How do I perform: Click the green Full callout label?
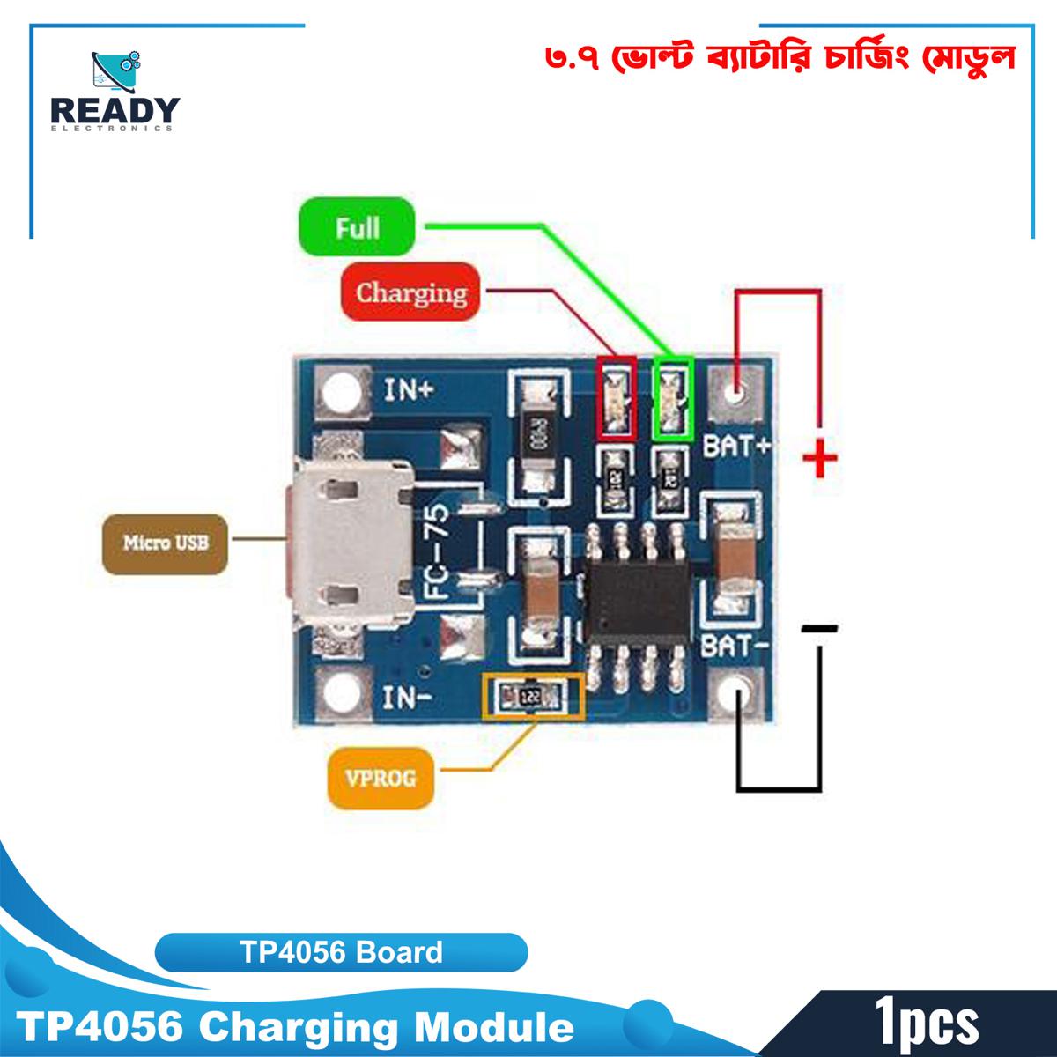pos(357,228)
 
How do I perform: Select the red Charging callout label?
pos(410,292)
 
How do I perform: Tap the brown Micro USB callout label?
pos(166,542)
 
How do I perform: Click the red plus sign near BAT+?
pos(820,458)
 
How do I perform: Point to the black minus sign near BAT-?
pos(820,628)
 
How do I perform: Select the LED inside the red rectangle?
pos(616,397)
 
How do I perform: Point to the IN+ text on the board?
pos(408,390)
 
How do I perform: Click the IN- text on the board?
pos(407,699)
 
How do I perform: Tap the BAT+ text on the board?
pos(736,447)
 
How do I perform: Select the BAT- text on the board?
pos(736,648)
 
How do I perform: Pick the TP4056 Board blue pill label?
pos(342,952)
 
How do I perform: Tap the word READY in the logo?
pos(115,111)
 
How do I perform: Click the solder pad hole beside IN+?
pos(337,391)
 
